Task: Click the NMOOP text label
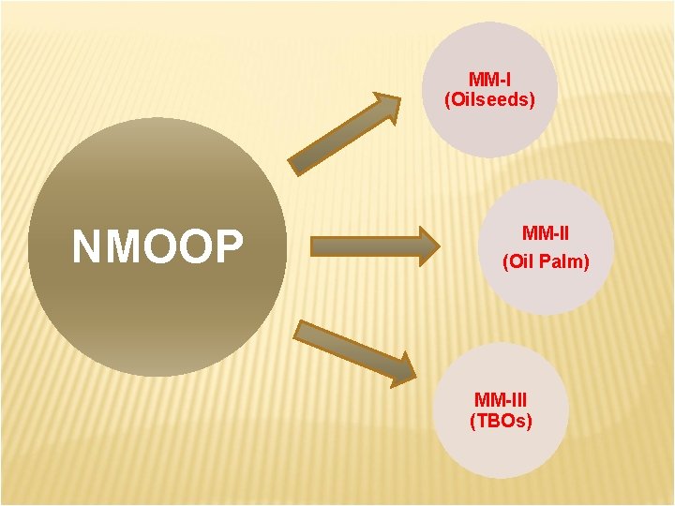pos(157,247)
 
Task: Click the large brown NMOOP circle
pos(157,309)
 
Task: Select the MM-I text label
pos(489,80)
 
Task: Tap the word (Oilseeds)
pos(489,99)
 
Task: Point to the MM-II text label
pos(546,232)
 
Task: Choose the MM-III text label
pos(501,400)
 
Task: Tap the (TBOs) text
pos(501,421)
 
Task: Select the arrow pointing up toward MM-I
pos(343,133)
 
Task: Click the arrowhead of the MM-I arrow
pos(383,107)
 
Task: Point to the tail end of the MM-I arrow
pos(298,164)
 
